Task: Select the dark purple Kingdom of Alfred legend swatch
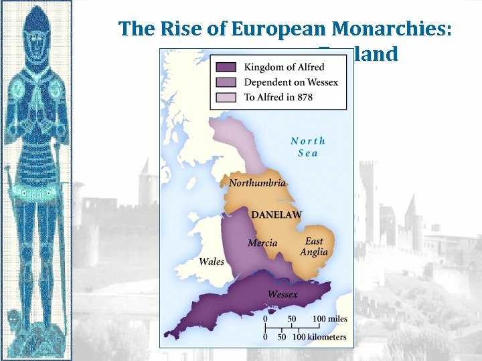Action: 227,67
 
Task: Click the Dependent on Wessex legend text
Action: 291,82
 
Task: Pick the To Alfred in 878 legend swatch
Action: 227,98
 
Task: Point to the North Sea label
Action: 308,146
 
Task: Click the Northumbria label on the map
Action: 257,183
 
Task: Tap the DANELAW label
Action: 276,215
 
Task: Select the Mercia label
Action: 262,243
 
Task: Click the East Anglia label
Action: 313,247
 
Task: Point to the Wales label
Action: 212,261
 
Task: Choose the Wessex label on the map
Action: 283,294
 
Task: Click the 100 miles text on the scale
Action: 329,319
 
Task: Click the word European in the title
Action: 277,29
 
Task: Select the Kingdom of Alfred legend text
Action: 284,67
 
